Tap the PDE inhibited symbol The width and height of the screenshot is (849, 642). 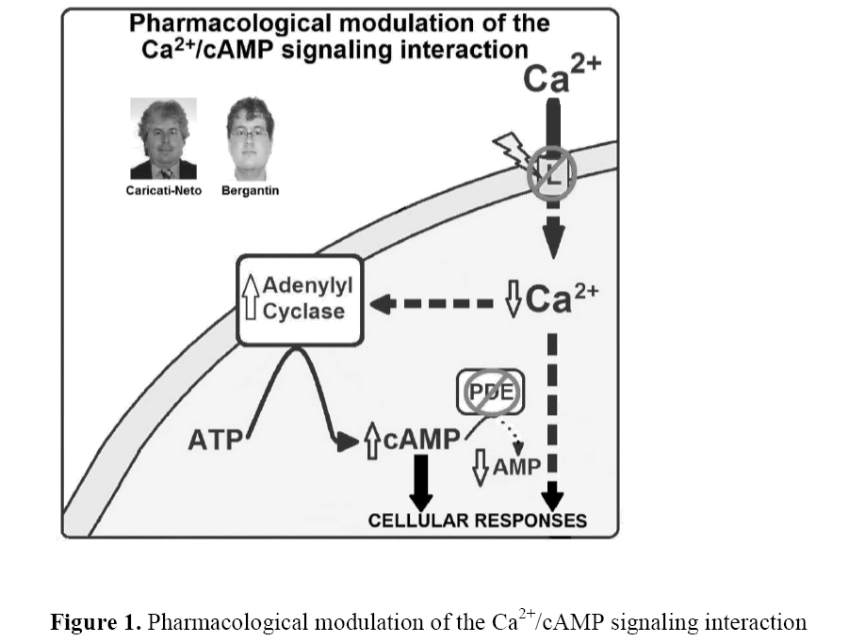(489, 393)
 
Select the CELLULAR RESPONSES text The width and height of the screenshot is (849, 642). (477, 521)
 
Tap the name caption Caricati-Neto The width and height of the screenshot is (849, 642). (163, 190)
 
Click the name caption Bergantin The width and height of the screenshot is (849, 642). (251, 190)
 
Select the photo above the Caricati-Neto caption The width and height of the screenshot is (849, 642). (163, 138)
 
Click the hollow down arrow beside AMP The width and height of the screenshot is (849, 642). (481, 468)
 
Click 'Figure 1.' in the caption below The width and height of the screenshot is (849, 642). (95, 622)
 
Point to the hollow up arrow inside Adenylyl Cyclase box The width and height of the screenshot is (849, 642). (250, 297)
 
